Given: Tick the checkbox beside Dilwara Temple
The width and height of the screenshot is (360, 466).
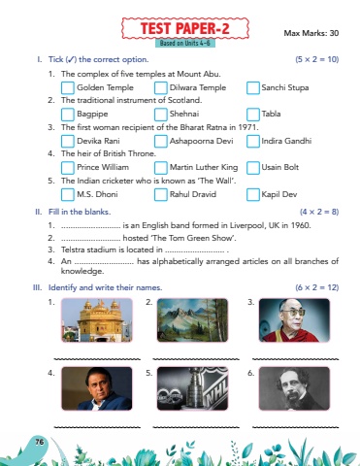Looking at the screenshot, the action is pyautogui.click(x=160, y=87).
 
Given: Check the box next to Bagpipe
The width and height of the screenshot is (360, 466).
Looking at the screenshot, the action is pyautogui.click(x=68, y=115).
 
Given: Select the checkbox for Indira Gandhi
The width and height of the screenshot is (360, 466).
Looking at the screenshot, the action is pyautogui.click(x=253, y=141).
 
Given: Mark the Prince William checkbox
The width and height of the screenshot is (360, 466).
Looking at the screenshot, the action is pyautogui.click(x=68, y=168).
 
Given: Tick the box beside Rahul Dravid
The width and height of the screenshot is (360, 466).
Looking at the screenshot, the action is pyautogui.click(x=160, y=194).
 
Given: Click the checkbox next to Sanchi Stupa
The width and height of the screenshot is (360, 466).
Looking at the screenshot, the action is pyautogui.click(x=253, y=87).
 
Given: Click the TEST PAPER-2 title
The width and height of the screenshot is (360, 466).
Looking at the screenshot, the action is pyautogui.click(x=185, y=28).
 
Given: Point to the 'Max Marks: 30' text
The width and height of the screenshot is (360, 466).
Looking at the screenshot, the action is pyautogui.click(x=311, y=33).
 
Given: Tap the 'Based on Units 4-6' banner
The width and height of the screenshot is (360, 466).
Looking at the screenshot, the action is pyautogui.click(x=185, y=43).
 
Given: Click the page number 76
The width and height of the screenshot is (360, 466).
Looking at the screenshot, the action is pyautogui.click(x=39, y=442).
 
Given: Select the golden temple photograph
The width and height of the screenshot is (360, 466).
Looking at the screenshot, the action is pyautogui.click(x=97, y=320).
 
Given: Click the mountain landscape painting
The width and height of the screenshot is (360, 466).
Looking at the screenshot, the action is pyautogui.click(x=192, y=320).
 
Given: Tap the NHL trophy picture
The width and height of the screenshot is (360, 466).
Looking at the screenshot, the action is pyautogui.click(x=192, y=388).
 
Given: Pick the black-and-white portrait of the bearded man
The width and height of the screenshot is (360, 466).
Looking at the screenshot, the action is pyautogui.click(x=294, y=388).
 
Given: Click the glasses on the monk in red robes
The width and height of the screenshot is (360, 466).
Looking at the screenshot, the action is pyautogui.click(x=294, y=313).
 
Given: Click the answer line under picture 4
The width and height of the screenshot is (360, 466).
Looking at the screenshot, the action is pyautogui.click(x=97, y=427).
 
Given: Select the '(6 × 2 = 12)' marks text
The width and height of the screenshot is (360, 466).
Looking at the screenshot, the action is pyautogui.click(x=316, y=287).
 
